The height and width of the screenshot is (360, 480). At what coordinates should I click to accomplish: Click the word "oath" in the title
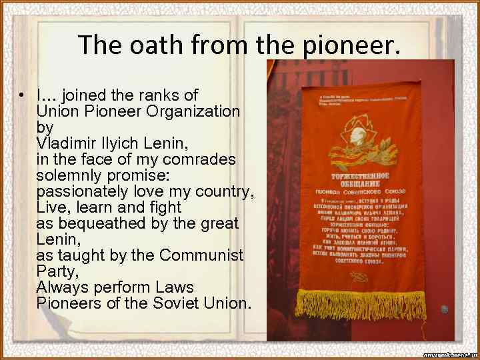click(x=159, y=45)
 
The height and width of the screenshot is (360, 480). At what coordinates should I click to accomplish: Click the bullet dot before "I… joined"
click(x=22, y=95)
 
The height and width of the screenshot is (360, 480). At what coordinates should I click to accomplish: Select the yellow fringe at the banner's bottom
click(x=370, y=303)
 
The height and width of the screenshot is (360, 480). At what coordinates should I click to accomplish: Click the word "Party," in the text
click(x=57, y=271)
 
